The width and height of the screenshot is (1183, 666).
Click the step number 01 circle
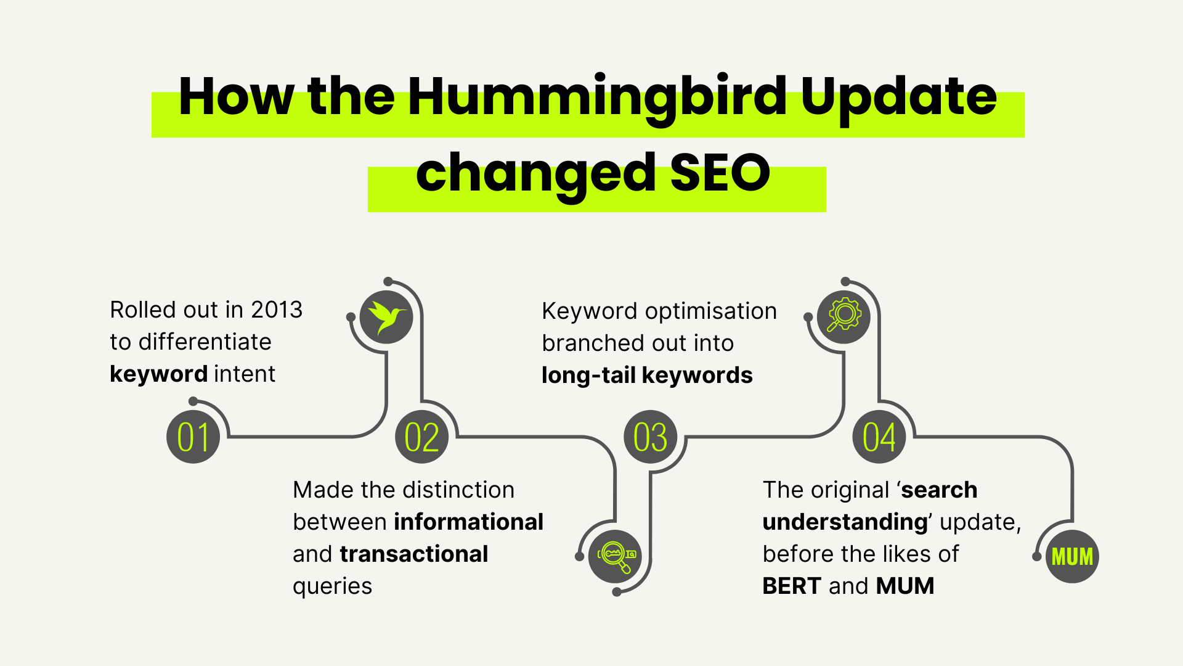click(193, 437)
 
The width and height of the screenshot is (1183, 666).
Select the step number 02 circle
click(422, 437)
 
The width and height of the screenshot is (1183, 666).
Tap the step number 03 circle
click(651, 437)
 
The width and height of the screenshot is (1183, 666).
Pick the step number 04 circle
click(879, 437)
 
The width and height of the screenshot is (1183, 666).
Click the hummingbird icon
click(386, 317)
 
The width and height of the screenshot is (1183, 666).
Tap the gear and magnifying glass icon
click(844, 317)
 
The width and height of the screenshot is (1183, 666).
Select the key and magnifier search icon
click(615, 556)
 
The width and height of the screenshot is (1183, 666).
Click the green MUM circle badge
click(1072, 556)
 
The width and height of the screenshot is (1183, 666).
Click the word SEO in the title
click(720, 173)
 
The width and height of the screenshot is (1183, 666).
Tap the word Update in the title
click(898, 97)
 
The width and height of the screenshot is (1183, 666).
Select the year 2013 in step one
click(277, 310)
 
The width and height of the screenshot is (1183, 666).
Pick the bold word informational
click(469, 522)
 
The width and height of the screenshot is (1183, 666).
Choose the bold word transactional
click(414, 554)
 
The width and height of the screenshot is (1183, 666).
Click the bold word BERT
click(792, 586)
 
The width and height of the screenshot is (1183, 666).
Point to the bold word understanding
click(845, 522)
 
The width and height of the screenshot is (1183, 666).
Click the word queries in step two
click(333, 586)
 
